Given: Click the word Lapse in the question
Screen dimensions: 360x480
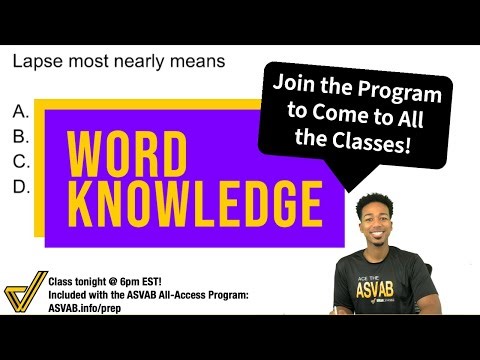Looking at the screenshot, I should [36, 62].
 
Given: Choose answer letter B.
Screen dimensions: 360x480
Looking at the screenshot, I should [21, 136].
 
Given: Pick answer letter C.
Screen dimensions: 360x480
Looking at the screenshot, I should [21, 161].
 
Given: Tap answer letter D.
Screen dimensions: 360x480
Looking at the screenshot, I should [21, 186].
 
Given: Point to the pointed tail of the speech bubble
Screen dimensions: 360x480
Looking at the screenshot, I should [353, 183].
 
